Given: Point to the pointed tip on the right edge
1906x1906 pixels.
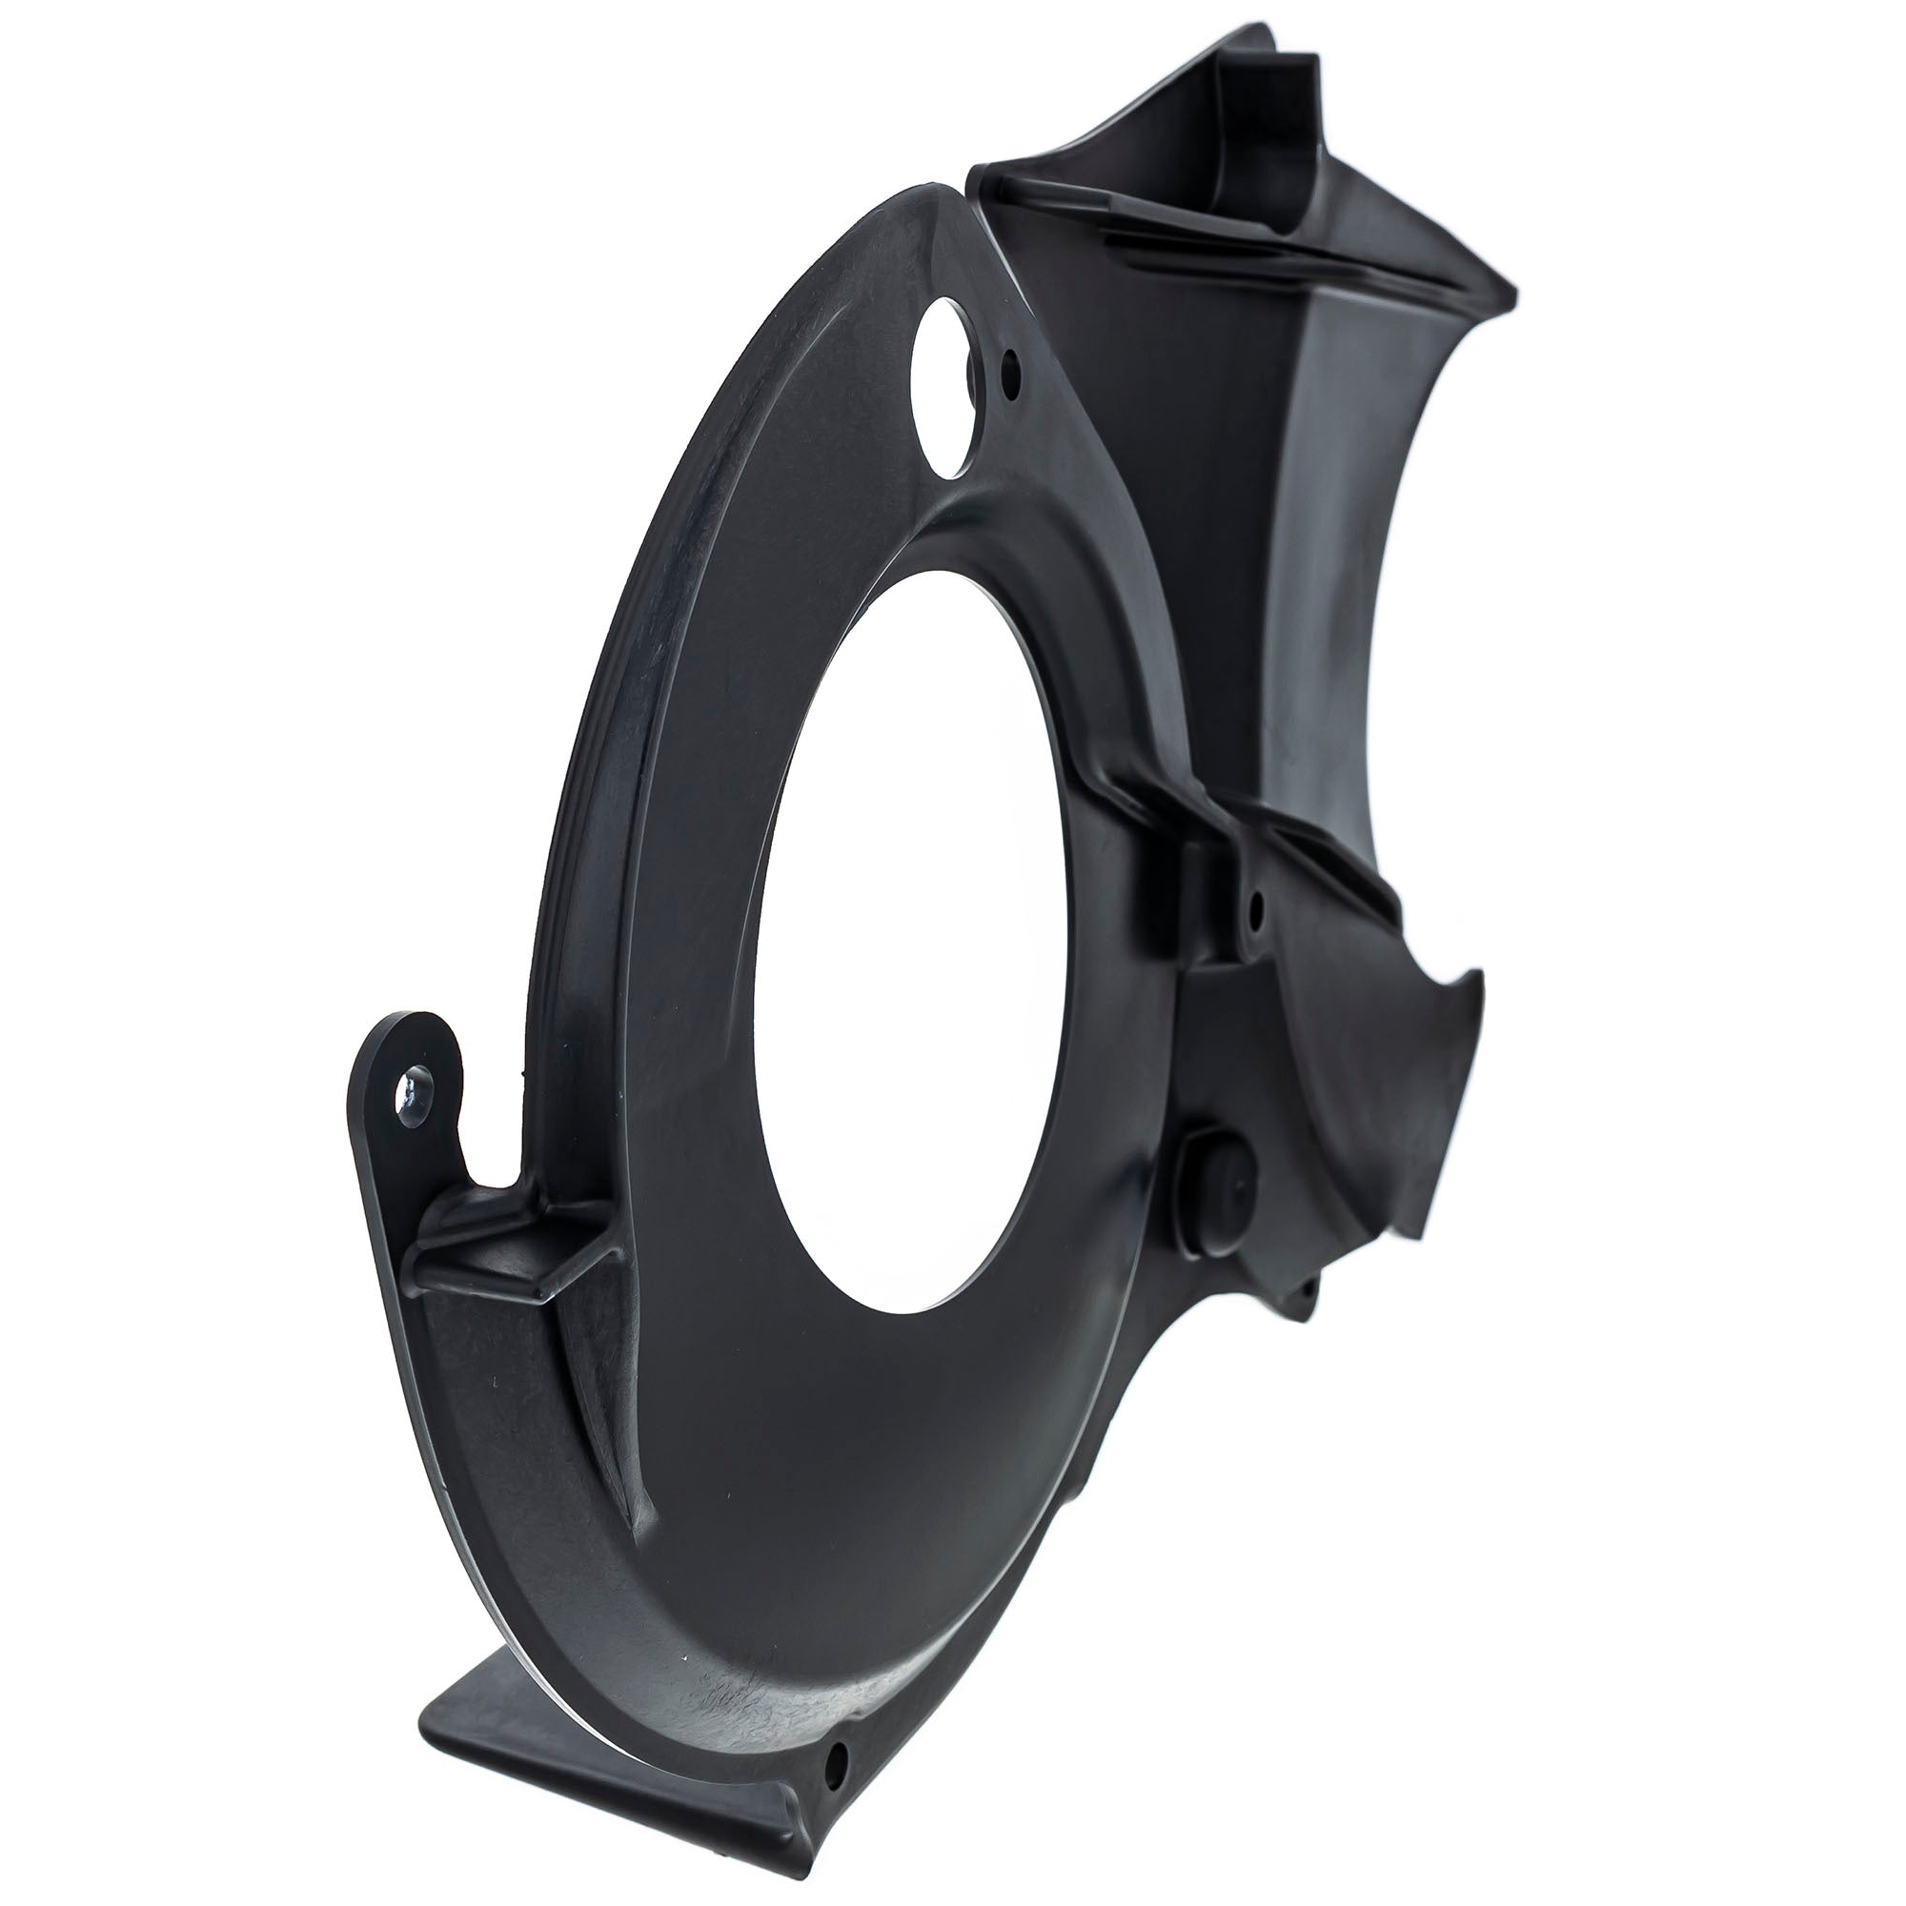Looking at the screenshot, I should coord(1477,977).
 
